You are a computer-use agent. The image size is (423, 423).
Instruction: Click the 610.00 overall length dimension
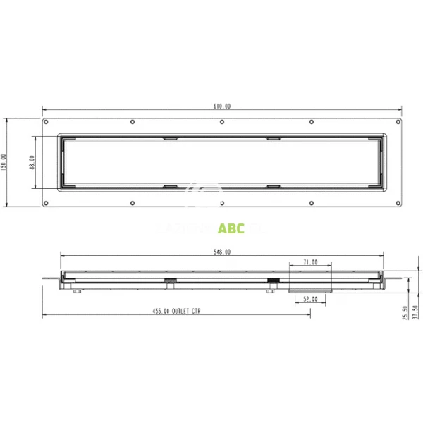coord(222,106)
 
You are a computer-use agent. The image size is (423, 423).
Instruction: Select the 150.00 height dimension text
coord(4,163)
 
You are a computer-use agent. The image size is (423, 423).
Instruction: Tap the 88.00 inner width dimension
coord(31,163)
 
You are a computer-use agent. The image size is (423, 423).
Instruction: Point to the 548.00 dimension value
coord(222,252)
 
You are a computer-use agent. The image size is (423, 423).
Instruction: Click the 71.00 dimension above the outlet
coord(310,262)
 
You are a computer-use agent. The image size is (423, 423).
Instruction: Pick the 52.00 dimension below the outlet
coord(310,299)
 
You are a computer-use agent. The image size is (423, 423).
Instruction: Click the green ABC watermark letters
coord(232,228)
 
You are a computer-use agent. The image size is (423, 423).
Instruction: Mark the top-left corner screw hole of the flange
coord(47,122)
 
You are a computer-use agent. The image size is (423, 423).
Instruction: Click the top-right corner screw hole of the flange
coord(398,122)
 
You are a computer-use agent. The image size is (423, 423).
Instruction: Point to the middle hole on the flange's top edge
coord(222,122)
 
